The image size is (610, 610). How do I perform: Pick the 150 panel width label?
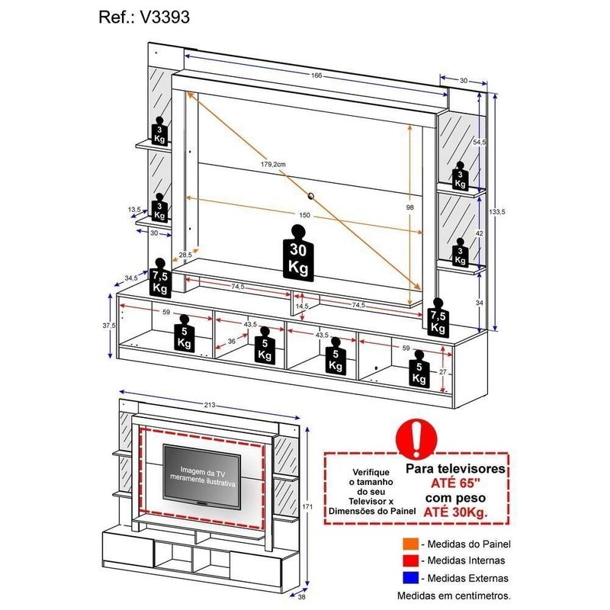305,216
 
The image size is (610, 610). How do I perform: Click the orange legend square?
411,544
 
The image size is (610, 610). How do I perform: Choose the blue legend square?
411,578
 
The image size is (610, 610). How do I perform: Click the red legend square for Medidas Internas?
411,561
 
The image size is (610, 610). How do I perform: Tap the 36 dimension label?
231,341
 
